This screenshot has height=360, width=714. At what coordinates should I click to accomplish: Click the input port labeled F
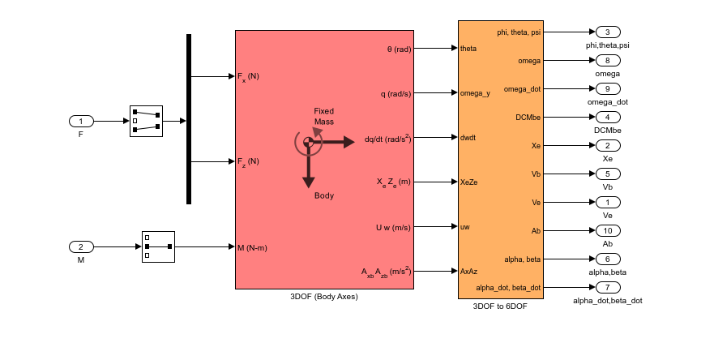coord(81,122)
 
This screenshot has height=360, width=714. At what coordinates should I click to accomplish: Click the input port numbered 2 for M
coord(81,246)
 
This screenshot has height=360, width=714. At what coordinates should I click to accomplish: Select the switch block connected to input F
coord(146,122)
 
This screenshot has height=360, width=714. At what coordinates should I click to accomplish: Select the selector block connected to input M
coord(158,246)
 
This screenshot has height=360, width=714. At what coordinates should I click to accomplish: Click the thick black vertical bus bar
coord(189,119)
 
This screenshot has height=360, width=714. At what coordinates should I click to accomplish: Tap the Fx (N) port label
coord(248,77)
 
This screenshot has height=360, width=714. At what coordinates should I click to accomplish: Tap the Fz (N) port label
coord(248,161)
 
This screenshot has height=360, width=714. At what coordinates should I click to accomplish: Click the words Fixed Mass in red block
coord(324,116)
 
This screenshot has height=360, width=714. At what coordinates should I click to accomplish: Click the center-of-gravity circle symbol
coord(308,142)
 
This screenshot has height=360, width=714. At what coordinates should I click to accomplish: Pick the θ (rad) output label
coord(399,49)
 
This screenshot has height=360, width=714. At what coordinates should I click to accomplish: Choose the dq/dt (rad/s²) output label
coord(388,138)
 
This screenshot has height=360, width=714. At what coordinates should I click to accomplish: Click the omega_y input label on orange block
coord(476,93)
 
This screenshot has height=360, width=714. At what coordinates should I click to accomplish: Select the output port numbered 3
coord(607,32)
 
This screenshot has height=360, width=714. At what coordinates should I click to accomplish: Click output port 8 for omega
coord(607,60)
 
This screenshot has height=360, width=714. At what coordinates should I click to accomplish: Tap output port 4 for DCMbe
coord(607,117)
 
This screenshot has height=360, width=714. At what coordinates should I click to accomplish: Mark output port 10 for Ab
coord(607,230)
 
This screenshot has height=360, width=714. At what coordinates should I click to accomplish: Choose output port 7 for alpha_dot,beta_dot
coord(607,287)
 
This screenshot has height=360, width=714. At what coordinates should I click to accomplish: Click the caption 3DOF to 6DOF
coord(500,306)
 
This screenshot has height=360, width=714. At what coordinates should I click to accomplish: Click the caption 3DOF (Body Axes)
coord(323,296)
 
